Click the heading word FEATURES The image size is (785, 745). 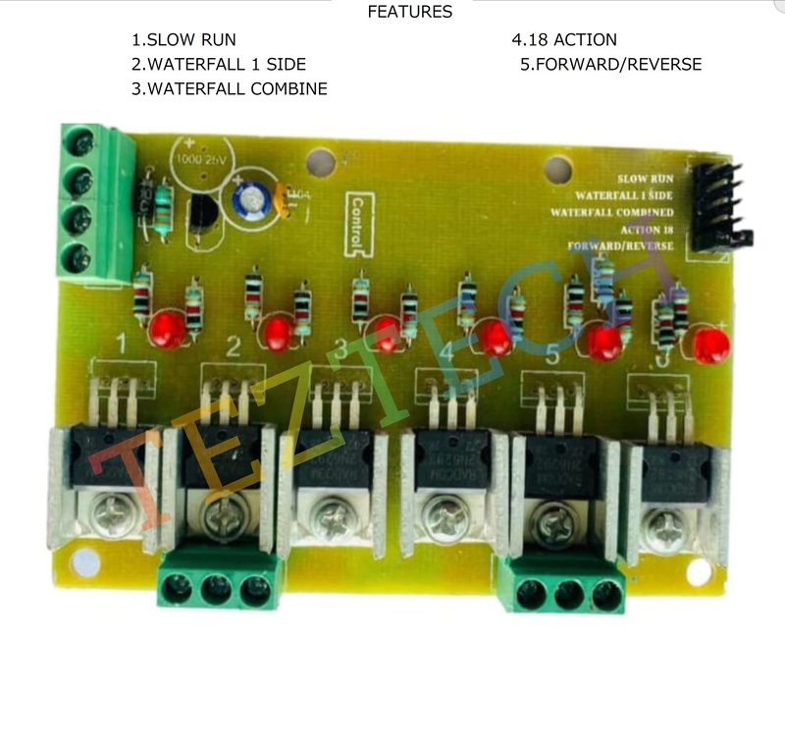409,12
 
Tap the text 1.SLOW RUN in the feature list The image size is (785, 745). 183,40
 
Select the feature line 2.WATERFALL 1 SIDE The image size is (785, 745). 219,65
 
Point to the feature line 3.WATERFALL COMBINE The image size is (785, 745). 230,89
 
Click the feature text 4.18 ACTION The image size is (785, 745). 564,40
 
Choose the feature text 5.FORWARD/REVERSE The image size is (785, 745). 610,65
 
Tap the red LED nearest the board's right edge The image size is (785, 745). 710,345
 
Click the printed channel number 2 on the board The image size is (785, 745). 234,346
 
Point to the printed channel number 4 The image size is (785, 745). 446,350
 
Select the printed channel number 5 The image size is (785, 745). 552,355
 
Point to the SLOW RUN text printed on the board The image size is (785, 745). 646,180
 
